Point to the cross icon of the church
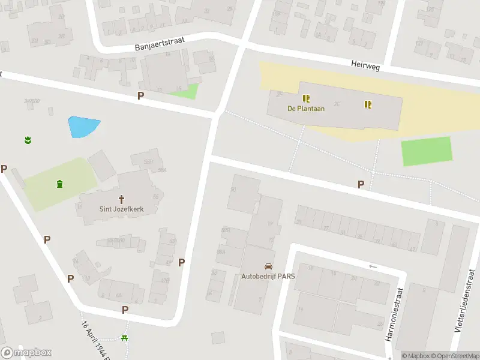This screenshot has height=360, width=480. pos(122,198)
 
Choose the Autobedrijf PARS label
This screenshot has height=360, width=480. pos(268,278)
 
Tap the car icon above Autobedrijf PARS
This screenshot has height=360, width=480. pos(268,266)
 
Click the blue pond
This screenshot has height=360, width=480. pos(82,127)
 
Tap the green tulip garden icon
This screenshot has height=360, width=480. pos(27,140)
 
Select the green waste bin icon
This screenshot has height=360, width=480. pos(59,184)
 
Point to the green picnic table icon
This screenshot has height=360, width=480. pos(125,339)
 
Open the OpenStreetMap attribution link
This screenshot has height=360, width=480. pos(454,356)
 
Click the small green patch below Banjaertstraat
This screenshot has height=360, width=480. pos(187,91)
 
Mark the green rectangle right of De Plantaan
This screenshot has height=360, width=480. pos(426,151)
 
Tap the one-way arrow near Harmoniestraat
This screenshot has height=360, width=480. pos(373,266)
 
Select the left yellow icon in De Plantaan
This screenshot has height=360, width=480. pos(306,98)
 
